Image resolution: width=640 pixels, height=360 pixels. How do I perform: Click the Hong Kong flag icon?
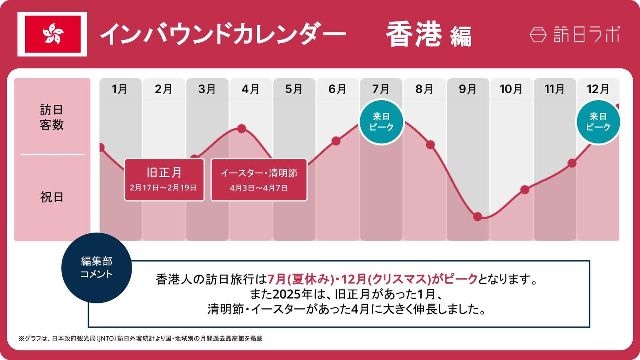pyautogui.click(x=52, y=34)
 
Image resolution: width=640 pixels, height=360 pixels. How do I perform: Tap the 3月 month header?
pyautogui.click(x=207, y=89)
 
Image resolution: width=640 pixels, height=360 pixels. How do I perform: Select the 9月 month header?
pyautogui.click(x=468, y=89)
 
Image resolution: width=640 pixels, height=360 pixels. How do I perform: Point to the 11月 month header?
pyautogui.click(x=554, y=89)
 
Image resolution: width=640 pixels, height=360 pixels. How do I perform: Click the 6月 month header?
pyautogui.click(x=337, y=89)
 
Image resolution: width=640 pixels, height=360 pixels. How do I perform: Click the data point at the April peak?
pyautogui.click(x=242, y=129)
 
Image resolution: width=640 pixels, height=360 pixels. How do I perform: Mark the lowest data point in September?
pyautogui.click(x=478, y=217)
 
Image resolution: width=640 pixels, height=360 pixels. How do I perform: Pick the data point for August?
pyautogui.click(x=430, y=145)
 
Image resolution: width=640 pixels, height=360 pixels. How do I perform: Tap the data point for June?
pyautogui.click(x=336, y=141)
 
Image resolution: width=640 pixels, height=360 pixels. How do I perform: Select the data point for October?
pyautogui.click(x=525, y=190)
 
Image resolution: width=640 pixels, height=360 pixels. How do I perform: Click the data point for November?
pyautogui.click(x=572, y=163)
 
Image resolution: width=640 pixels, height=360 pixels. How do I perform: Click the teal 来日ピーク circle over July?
pyautogui.click(x=381, y=122)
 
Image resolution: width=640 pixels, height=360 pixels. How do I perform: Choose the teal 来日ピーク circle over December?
pyautogui.click(x=598, y=122)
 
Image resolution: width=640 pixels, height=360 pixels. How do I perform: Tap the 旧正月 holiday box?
pyautogui.click(x=164, y=180)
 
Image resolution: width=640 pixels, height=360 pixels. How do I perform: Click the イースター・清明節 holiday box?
pyautogui.click(x=259, y=180)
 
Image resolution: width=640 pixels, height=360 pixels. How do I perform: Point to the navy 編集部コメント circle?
pyautogui.click(x=96, y=268)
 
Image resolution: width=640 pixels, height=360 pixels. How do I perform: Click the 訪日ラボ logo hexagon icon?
pyautogui.click(x=538, y=35)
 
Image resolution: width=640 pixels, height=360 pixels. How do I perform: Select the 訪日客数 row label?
pyautogui.click(x=52, y=117)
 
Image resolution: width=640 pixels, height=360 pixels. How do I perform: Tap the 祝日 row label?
pyautogui.click(x=52, y=197)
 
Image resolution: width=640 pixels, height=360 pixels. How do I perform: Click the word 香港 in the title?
pyautogui.click(x=414, y=34)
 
